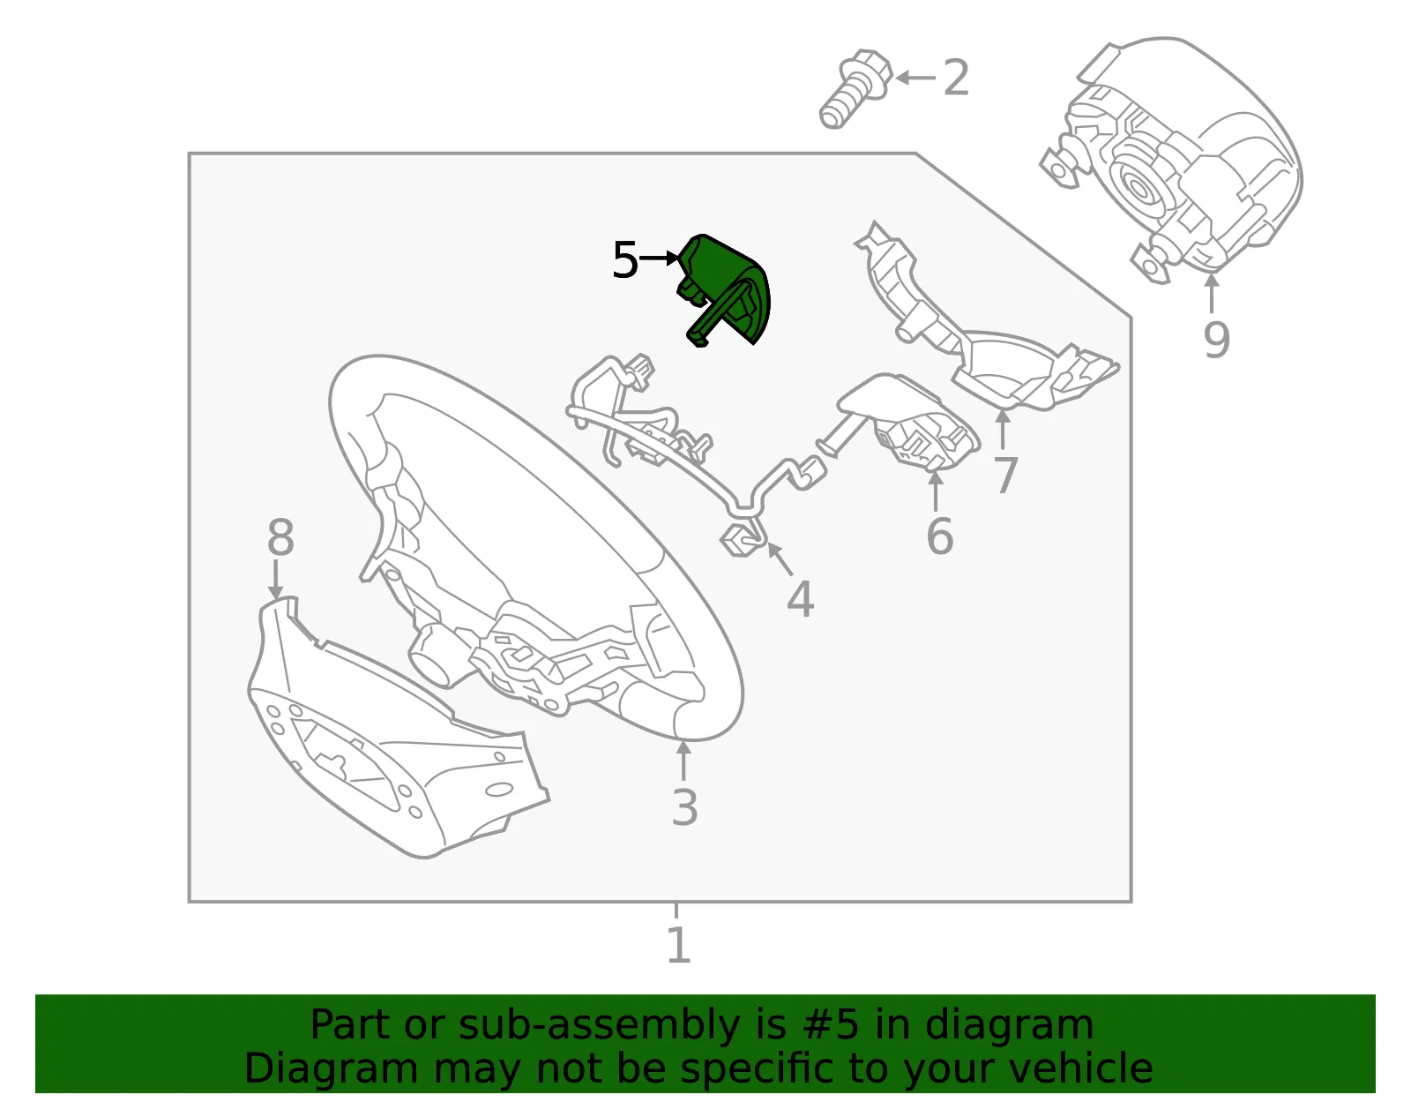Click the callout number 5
pyautogui.click(x=625, y=259)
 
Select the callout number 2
pyautogui.click(x=956, y=78)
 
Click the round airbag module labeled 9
pyautogui.click(x=1172, y=159)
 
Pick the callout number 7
pyautogui.click(x=1005, y=475)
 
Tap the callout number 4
pyautogui.click(x=800, y=598)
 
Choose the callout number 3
pyautogui.click(x=684, y=807)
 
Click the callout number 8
pyautogui.click(x=280, y=537)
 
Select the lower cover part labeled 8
pyautogui.click(x=398, y=728)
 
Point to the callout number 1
pyautogui.click(x=678, y=944)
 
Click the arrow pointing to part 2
pyautogui.click(x=915, y=78)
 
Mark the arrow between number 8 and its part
pyautogui.click(x=276, y=580)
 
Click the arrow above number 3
pyautogui.click(x=683, y=761)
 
